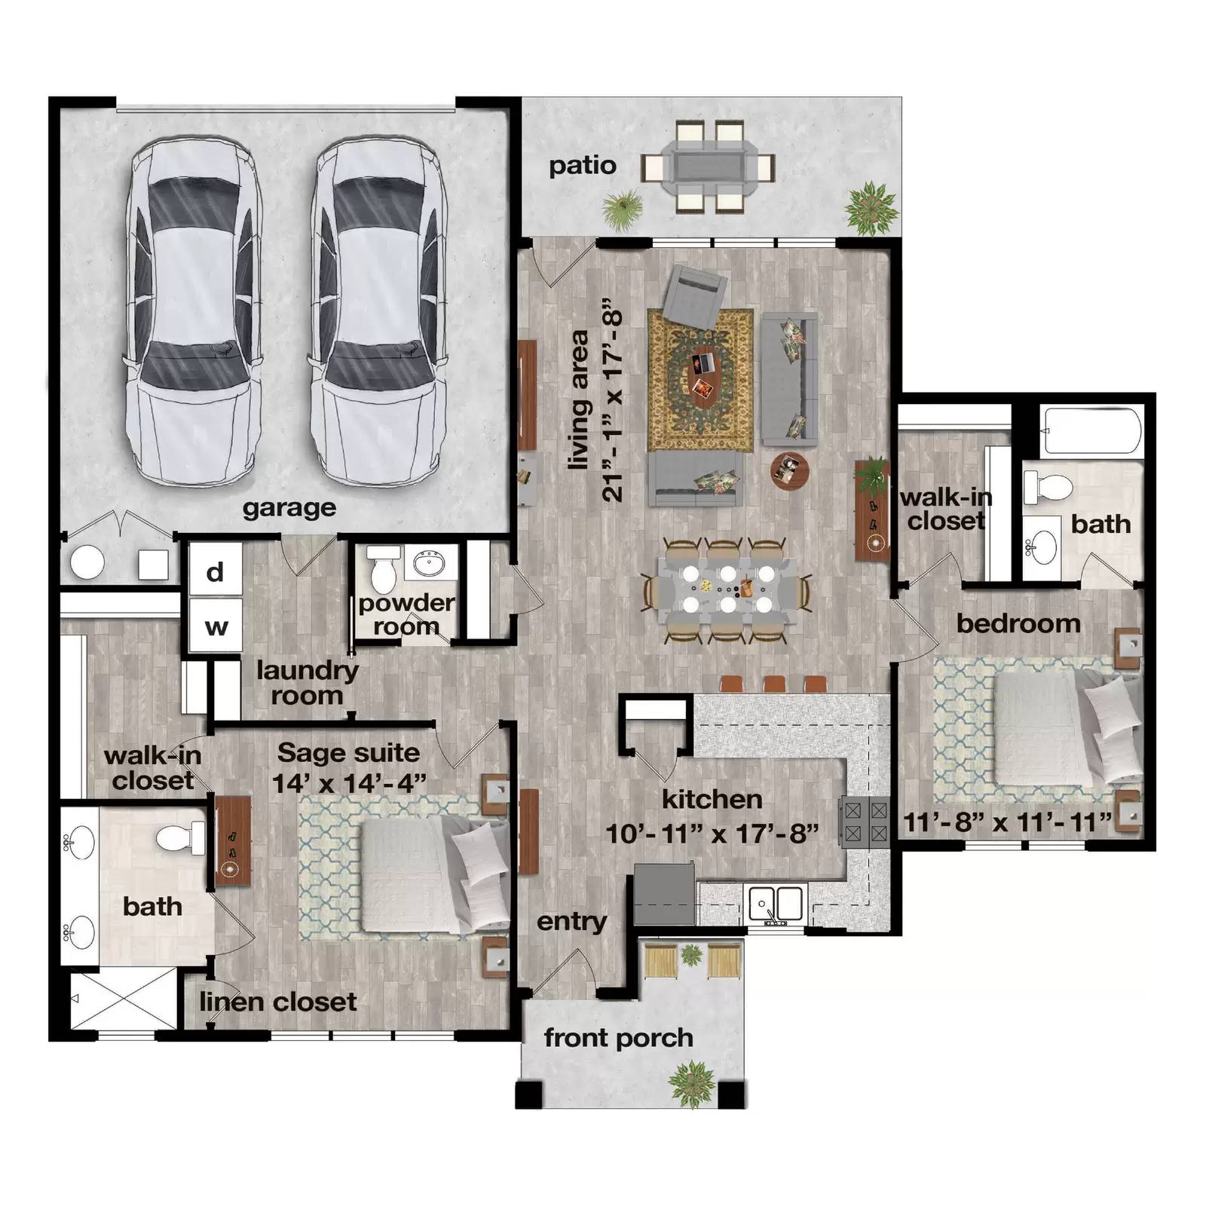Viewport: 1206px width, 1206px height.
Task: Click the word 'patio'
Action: point(582,166)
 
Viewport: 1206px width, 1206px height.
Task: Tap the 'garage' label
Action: point(289,508)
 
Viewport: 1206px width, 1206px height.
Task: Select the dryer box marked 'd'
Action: point(215,572)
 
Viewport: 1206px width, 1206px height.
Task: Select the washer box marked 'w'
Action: point(216,626)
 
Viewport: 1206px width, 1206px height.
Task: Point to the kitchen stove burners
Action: point(865,822)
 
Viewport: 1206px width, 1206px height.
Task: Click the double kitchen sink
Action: point(775,902)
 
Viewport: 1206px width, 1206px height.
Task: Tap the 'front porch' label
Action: point(618,1038)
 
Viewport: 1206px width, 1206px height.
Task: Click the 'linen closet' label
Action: point(277,1002)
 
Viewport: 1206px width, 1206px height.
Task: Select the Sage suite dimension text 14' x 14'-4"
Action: point(348,783)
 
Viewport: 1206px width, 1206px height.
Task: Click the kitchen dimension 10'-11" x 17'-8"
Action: point(712,834)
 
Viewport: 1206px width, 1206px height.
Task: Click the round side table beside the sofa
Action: point(789,470)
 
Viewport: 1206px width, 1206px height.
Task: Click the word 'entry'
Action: point(571,922)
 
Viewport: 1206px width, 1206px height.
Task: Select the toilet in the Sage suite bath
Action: point(179,838)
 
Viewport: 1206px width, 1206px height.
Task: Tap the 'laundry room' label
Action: point(306,682)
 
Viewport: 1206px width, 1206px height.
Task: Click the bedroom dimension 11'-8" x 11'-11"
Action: point(1007,822)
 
